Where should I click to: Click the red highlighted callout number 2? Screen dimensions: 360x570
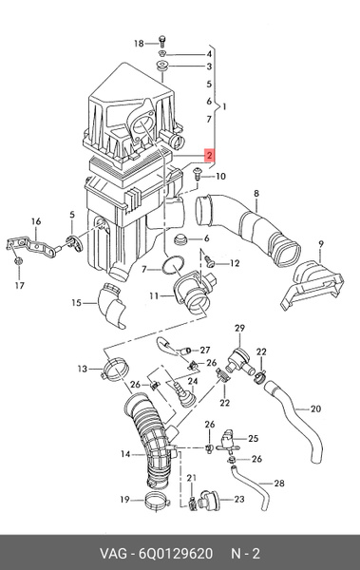point(209,155)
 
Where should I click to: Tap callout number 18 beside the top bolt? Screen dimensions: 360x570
point(139,44)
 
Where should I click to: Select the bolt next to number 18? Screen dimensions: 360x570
point(162,41)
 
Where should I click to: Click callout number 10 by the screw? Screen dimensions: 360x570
point(220,177)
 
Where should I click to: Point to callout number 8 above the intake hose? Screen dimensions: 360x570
point(256,194)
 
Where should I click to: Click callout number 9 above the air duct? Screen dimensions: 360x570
point(320,244)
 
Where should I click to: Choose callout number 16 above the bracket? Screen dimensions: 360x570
point(36,221)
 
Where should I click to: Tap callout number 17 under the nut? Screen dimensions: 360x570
point(20,285)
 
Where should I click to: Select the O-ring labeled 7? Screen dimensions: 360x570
point(173,266)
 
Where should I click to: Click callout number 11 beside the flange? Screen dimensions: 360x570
point(154,296)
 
